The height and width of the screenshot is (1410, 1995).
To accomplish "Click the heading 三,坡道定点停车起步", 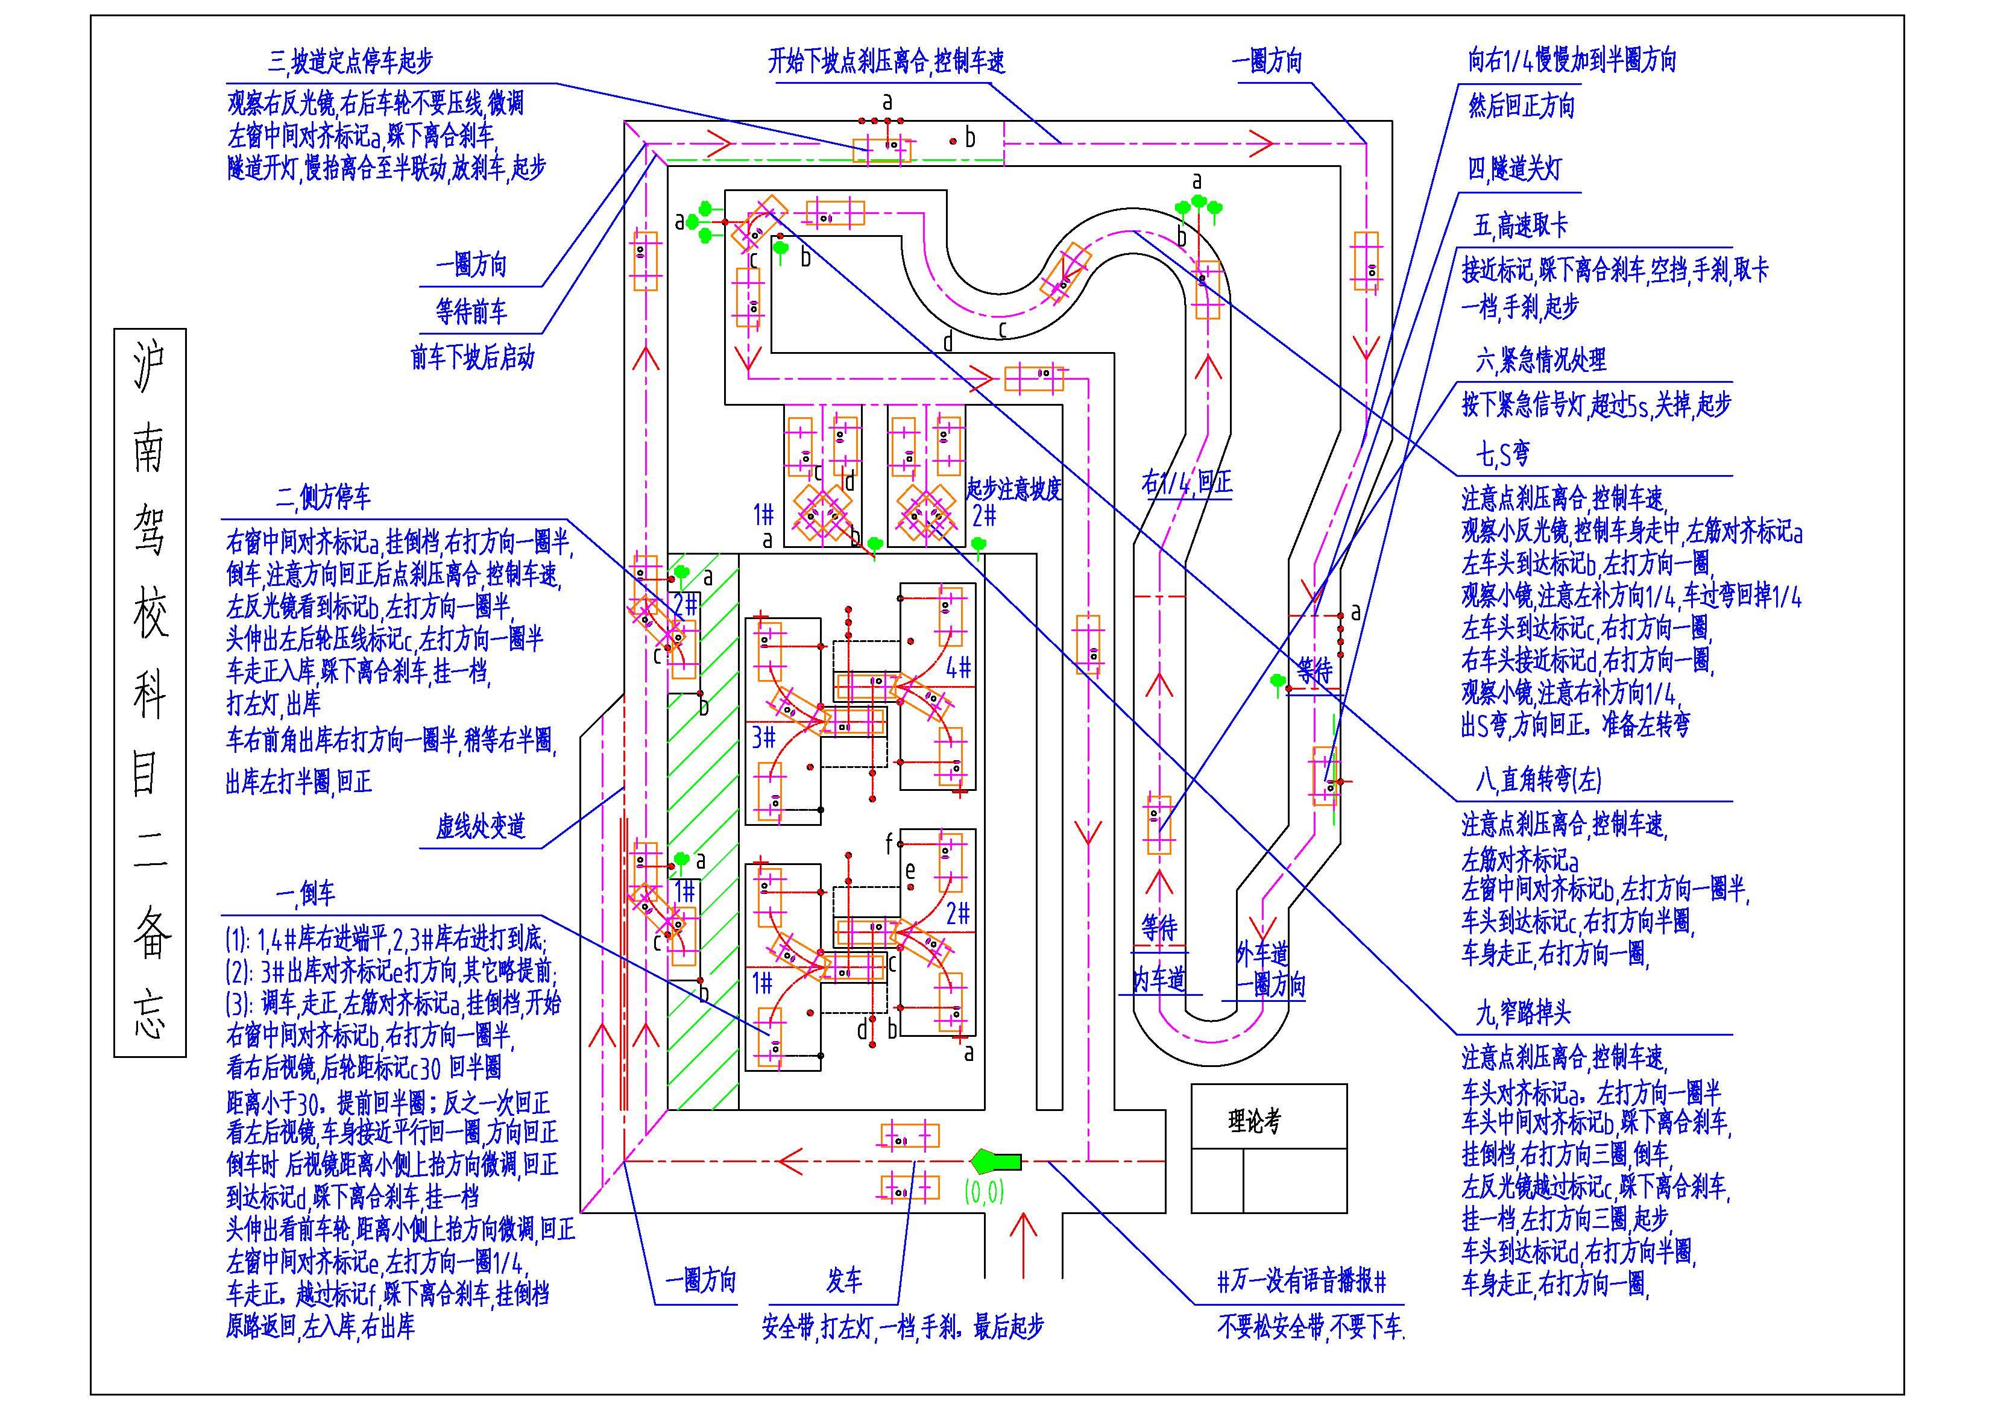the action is click(x=350, y=61).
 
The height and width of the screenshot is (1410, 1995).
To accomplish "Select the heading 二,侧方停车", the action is click(x=323, y=497).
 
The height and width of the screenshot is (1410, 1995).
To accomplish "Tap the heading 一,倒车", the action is click(x=305, y=893).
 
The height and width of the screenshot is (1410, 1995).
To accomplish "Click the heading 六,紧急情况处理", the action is click(x=1540, y=360).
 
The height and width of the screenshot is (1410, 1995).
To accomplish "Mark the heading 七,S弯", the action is click(x=1502, y=453).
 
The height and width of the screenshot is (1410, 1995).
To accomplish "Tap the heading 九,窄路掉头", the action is click(x=1523, y=1012).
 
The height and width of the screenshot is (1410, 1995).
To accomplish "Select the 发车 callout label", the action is click(x=843, y=1280).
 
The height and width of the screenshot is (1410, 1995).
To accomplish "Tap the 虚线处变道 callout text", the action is click(x=481, y=825).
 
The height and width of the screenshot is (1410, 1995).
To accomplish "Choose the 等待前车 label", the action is click(x=471, y=311).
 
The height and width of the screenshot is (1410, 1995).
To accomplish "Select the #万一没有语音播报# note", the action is click(x=1302, y=1280).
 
